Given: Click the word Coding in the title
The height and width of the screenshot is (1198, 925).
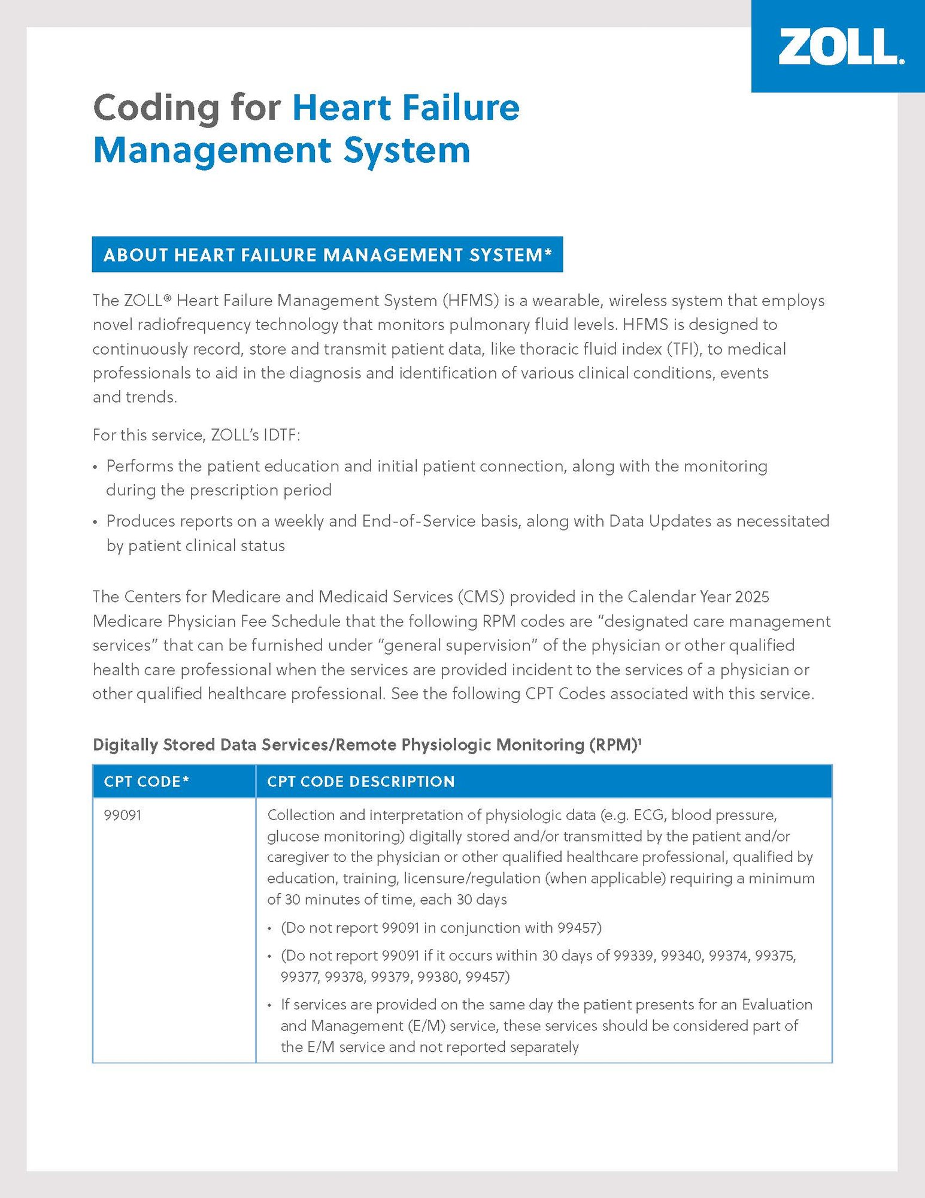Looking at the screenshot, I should [157, 108].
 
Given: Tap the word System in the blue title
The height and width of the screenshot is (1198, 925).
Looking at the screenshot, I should [407, 150].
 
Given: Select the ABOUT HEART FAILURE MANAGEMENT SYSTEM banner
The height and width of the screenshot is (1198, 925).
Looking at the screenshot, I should [327, 255].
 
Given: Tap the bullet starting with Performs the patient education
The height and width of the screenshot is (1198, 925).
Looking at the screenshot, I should [436, 466].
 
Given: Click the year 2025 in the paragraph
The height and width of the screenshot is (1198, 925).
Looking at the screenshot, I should [752, 597].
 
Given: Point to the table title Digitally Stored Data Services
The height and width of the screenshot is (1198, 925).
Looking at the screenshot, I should [366, 745].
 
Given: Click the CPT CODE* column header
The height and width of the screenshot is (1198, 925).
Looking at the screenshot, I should [146, 782].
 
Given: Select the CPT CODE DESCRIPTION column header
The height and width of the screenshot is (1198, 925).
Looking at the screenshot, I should [360, 782].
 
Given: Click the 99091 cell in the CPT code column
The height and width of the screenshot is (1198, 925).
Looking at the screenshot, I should [123, 815].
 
